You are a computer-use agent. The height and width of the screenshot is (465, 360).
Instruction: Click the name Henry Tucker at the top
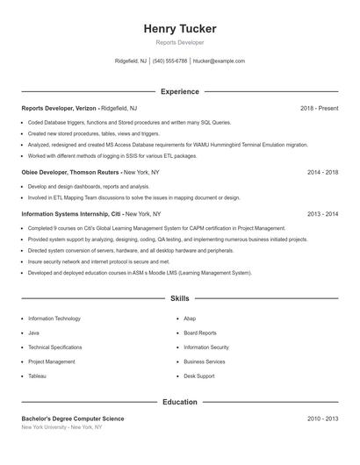click(180, 29)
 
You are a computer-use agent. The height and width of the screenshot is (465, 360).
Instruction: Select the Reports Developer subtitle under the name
click(180, 42)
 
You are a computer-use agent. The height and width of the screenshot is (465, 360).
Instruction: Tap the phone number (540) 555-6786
click(169, 61)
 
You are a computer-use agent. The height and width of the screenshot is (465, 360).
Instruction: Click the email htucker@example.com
click(219, 61)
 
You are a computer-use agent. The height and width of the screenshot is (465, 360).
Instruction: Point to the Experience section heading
click(180, 91)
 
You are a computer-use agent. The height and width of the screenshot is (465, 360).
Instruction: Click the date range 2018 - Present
click(319, 108)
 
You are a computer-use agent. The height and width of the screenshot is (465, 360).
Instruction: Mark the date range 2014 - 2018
click(322, 173)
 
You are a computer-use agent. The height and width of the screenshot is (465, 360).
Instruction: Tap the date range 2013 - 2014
click(322, 214)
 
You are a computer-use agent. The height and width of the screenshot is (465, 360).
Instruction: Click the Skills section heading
click(180, 299)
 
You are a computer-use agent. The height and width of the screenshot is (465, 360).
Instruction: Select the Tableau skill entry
click(37, 376)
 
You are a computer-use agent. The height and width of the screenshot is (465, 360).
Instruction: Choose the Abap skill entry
click(190, 318)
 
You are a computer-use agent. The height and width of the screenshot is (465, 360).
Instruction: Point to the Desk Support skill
click(198, 376)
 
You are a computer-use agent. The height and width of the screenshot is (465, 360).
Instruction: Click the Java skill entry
click(33, 333)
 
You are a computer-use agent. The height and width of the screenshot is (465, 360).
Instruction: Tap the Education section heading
click(180, 402)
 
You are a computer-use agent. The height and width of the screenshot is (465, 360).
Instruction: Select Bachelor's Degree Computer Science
click(73, 419)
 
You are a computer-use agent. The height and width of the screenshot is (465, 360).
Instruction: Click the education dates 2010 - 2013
click(322, 419)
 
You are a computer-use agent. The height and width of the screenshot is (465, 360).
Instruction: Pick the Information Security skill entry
click(206, 347)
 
